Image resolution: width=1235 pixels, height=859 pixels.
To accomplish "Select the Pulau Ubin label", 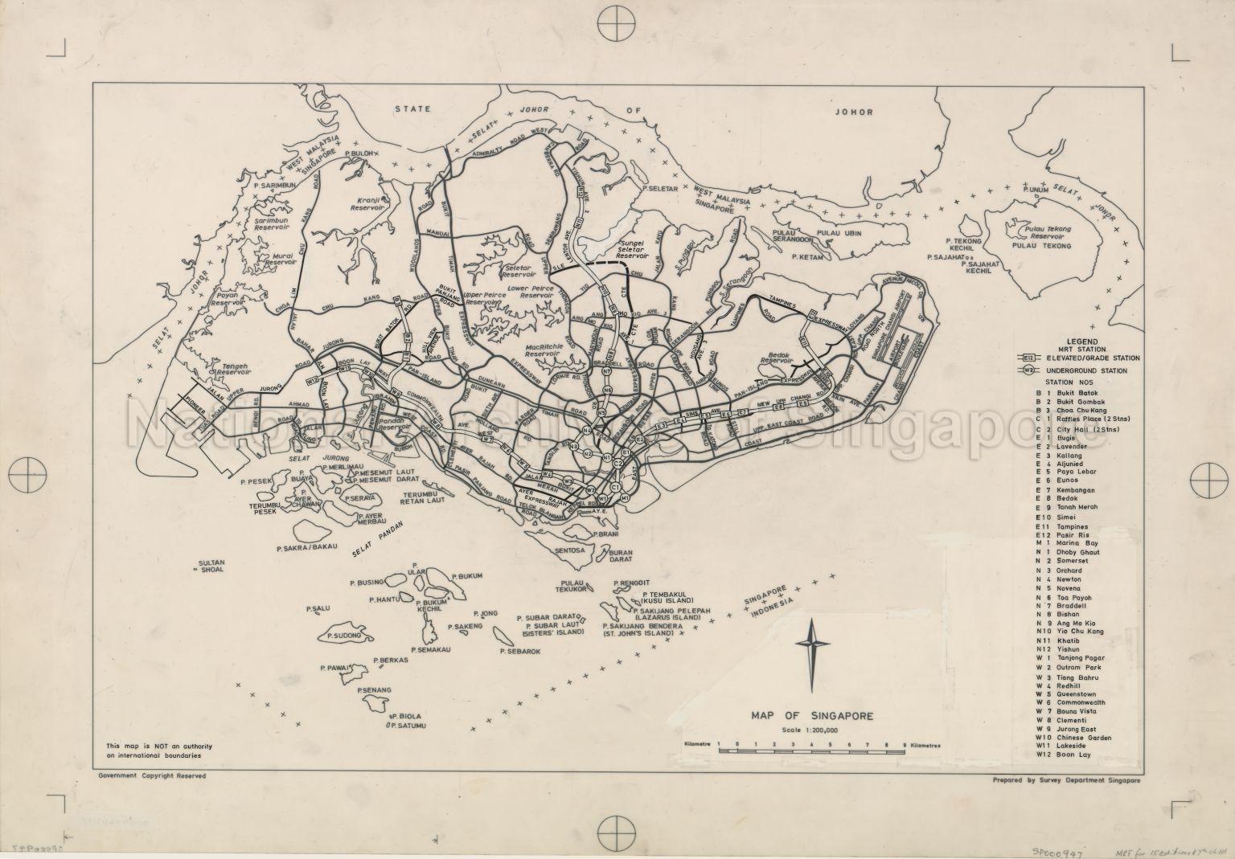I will coord(843,233).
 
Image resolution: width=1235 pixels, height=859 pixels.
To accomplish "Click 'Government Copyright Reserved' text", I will coord(152,776).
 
